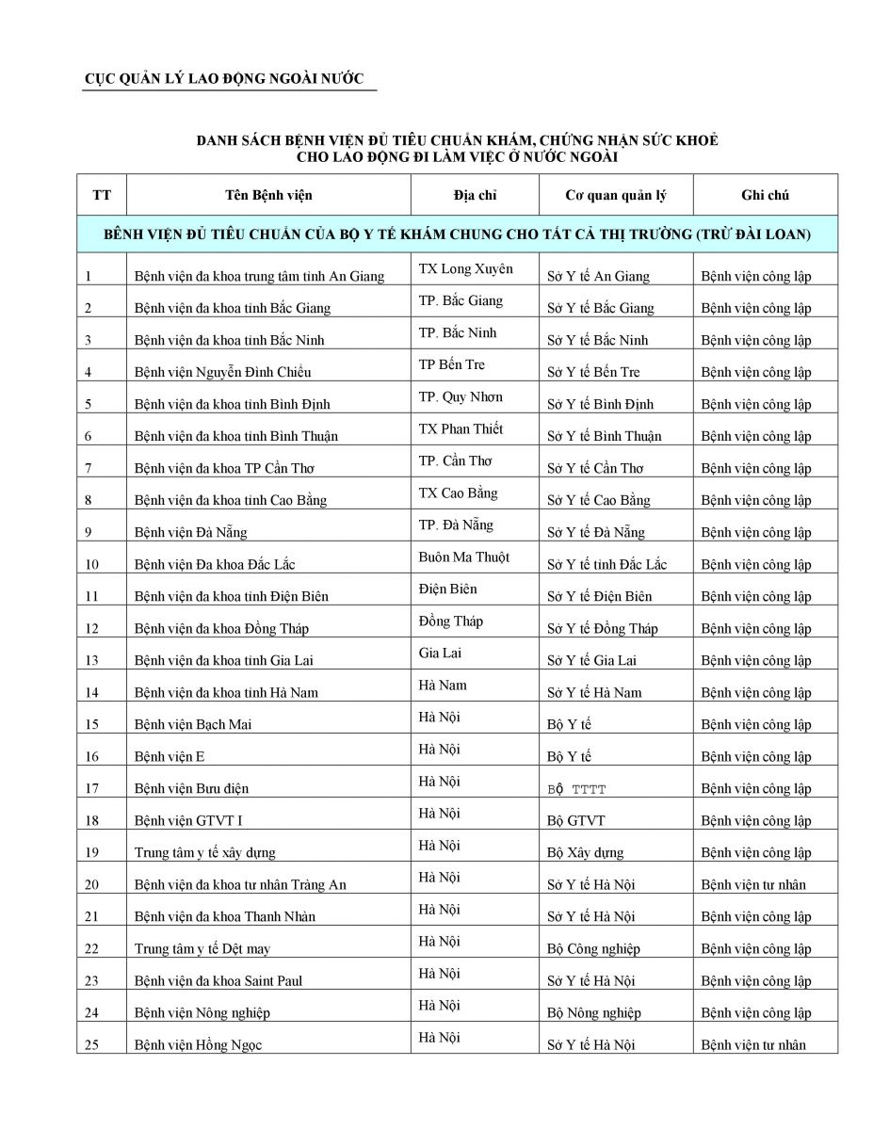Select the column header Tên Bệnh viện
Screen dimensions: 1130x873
pos(268,195)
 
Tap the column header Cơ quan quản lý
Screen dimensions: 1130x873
pos(615,195)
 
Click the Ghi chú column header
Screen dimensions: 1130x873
pos(765,195)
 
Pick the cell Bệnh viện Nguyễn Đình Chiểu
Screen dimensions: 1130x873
pos(223,372)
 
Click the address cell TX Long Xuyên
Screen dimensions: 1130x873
pos(465,269)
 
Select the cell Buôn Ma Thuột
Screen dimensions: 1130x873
pos(464,557)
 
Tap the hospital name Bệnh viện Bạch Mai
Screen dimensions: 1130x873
pos(193,725)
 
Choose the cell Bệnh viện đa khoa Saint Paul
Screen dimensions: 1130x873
pos(218,981)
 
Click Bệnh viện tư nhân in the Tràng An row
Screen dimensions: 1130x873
pos(753,885)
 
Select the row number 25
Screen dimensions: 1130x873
pos(91,1045)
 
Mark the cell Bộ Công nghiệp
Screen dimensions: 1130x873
pos(591,949)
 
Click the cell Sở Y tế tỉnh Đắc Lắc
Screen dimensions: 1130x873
pos(606,565)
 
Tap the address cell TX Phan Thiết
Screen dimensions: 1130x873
pos(461,429)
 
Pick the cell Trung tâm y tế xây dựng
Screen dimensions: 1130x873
pos(205,853)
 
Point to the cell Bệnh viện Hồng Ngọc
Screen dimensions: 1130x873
pos(199,1045)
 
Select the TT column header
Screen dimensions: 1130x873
pos(102,195)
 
